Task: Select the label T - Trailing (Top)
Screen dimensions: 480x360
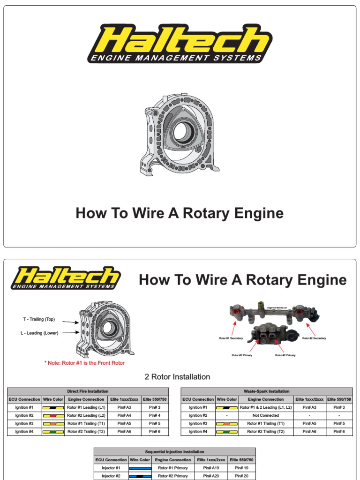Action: point(39,319)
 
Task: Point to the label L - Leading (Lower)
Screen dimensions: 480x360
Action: point(39,332)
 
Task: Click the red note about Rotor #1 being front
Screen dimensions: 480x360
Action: point(84,363)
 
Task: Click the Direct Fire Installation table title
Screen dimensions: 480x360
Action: point(88,391)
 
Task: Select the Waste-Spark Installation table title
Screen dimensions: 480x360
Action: point(266,391)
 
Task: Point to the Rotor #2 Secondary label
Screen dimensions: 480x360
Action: point(314,338)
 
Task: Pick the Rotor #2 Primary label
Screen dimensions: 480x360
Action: point(285,355)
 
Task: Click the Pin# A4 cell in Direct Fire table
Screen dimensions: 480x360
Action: point(124,415)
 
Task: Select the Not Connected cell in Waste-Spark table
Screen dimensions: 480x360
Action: point(266,415)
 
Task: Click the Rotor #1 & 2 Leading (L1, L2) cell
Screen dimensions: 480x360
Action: point(266,407)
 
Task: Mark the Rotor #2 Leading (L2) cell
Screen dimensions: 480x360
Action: point(86,415)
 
